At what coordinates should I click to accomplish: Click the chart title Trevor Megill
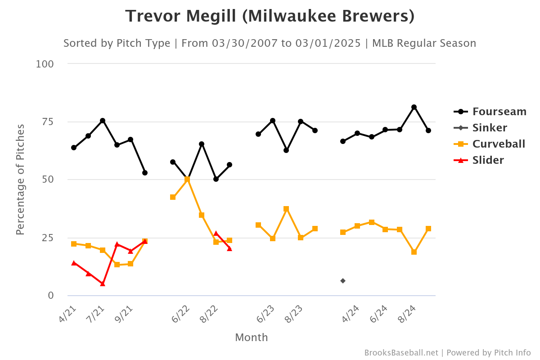click(270, 16)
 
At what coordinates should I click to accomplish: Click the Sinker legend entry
click(490, 128)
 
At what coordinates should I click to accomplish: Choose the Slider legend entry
click(488, 160)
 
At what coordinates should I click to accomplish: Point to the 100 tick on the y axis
click(45, 64)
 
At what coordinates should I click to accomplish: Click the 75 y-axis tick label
click(47, 122)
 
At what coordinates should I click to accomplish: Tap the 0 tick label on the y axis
click(51, 296)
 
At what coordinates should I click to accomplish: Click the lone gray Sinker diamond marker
click(343, 281)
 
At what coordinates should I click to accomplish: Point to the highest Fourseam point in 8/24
click(414, 107)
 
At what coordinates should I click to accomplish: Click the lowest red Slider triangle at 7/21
click(103, 283)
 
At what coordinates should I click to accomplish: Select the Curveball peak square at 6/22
click(187, 179)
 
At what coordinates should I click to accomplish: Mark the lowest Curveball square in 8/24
click(414, 252)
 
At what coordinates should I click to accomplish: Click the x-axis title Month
click(252, 337)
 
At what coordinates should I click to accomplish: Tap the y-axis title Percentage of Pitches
click(20, 180)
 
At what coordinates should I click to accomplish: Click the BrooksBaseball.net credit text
click(401, 353)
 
